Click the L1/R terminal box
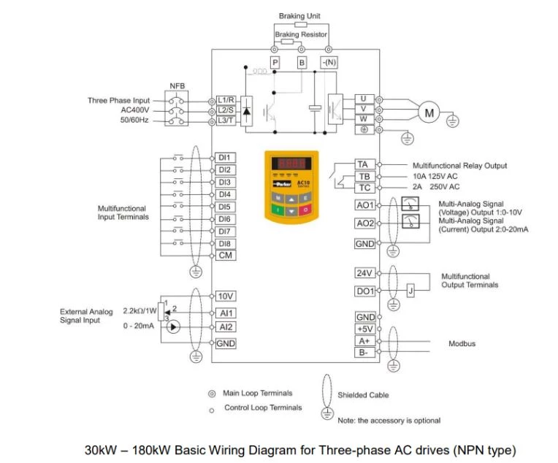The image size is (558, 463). [x=226, y=99]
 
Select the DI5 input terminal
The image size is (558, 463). [x=225, y=207]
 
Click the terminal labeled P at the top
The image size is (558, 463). [x=275, y=64]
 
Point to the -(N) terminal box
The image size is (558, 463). [x=329, y=64]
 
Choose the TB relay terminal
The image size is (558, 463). [x=364, y=177]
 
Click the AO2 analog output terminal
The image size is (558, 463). [x=365, y=223]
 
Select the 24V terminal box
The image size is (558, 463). [x=364, y=273]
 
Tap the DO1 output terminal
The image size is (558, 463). [x=365, y=291]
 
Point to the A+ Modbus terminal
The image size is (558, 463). [x=364, y=341]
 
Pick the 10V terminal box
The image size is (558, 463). [x=226, y=296]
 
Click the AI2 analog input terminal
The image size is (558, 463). [x=226, y=327]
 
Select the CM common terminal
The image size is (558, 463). [x=226, y=256]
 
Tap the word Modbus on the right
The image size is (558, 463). [x=462, y=343]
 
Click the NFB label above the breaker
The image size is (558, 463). [x=177, y=85]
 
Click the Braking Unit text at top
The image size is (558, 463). [x=299, y=16]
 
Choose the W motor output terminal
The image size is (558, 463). [x=363, y=118]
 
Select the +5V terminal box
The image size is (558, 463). [x=365, y=329]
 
